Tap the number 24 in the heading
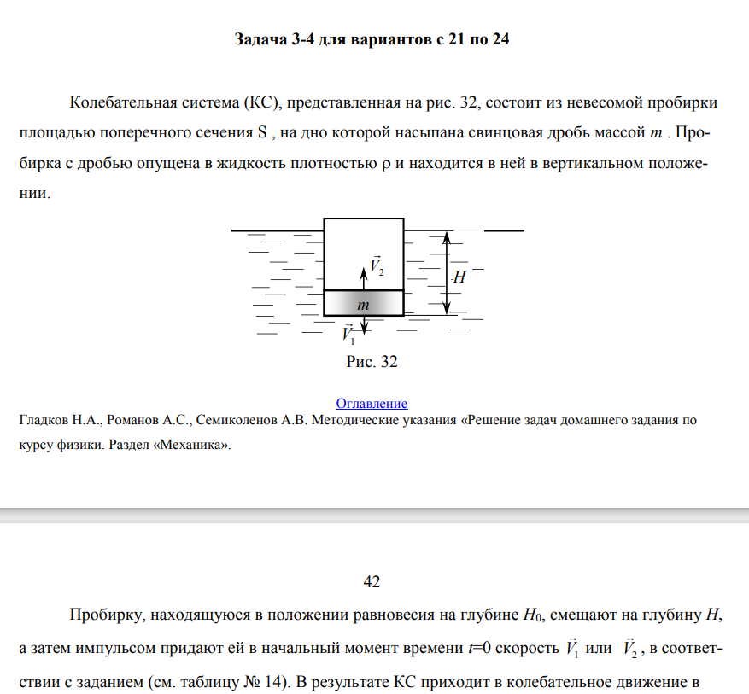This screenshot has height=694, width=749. point(500,40)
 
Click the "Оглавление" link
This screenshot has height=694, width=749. point(372,403)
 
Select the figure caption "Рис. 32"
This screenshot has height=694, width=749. point(372,361)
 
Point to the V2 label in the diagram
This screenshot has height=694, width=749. point(377,265)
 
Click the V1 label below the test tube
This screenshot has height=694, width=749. point(348,334)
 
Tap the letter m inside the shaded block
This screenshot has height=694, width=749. point(363,304)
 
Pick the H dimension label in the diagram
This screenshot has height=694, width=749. point(459,277)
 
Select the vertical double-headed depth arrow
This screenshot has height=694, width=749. point(445,272)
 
